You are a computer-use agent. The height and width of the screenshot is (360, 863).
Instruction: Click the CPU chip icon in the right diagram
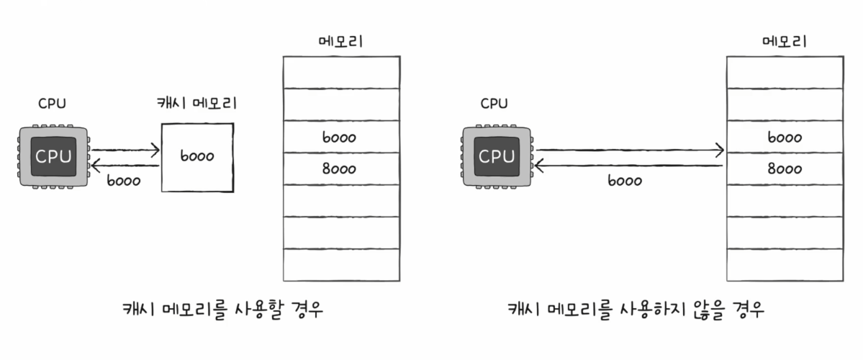[x=496, y=156]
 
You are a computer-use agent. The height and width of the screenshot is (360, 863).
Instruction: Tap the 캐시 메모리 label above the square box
[x=196, y=104]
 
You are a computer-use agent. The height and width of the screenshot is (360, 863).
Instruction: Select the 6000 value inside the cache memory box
[x=197, y=156]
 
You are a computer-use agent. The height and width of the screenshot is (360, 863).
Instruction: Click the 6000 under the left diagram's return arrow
[x=123, y=181]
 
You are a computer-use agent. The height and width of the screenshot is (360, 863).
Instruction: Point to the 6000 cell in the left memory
[x=341, y=137]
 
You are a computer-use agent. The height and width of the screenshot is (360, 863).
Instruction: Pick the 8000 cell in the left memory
[x=341, y=169]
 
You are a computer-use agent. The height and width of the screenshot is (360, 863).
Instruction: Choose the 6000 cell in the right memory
[x=785, y=137]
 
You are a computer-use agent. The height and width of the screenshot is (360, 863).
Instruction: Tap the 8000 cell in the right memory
[x=785, y=169]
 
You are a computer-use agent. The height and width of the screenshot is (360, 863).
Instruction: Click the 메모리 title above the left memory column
[x=340, y=40]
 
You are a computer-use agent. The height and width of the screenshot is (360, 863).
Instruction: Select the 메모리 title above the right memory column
[x=784, y=40]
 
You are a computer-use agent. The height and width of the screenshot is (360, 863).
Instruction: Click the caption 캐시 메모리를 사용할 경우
[x=222, y=310]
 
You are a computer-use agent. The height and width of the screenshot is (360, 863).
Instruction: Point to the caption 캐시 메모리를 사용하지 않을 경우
[x=636, y=310]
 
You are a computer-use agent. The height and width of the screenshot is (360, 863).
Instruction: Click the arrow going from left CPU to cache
[x=125, y=150]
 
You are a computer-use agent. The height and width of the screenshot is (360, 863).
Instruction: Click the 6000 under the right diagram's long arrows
[x=625, y=181]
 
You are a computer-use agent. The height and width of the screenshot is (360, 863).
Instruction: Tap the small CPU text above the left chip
[x=52, y=104]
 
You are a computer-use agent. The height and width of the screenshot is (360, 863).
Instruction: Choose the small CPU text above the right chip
[x=494, y=104]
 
